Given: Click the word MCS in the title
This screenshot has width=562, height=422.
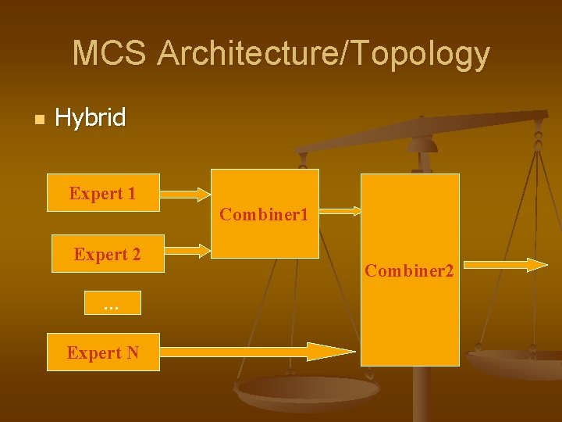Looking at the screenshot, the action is pos(108,54).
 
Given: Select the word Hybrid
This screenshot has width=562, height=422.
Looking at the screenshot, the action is pos(90,118).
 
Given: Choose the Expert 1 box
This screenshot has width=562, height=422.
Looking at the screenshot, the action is pos(103,193).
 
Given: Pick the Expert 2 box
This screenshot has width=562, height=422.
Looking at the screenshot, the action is pos(108,254).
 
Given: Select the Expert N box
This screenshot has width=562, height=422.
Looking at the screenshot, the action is pos(103,352).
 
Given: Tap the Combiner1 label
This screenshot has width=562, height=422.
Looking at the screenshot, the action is pos(264,214).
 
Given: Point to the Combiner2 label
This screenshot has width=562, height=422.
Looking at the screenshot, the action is pos(409,271).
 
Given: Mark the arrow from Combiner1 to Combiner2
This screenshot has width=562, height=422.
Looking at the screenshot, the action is pos(340,210).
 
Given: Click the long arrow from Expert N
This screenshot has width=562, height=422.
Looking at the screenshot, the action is pos(258,352).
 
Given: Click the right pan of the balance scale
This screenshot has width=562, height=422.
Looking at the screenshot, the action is pos(515,361).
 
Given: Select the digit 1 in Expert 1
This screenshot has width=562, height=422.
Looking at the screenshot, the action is pos(131,193).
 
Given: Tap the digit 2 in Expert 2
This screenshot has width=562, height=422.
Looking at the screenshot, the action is pos(136,254).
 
